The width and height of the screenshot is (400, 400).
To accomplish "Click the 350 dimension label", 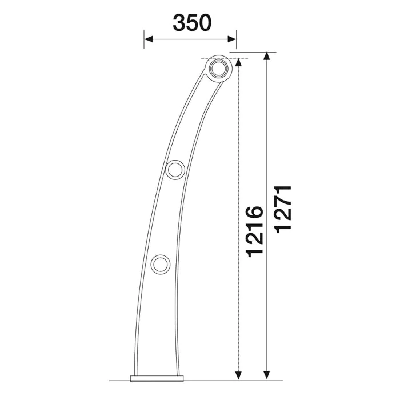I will (x=192, y=23).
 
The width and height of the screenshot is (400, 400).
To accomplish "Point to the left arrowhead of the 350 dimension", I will (x=148, y=39).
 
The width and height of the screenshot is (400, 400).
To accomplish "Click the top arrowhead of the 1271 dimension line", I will (x=267, y=57).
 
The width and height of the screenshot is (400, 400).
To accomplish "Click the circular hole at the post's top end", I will (x=217, y=70).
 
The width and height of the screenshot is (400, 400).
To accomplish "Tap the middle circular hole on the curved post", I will (x=174, y=169).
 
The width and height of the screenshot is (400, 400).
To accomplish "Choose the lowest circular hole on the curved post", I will (x=160, y=264).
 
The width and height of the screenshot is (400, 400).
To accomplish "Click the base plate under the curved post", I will (x=157, y=378).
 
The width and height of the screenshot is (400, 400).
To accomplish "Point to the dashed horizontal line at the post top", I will (x=226, y=59).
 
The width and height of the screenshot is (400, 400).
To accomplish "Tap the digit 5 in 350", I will (x=192, y=23).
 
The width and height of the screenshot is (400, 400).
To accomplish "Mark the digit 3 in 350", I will (x=179, y=23).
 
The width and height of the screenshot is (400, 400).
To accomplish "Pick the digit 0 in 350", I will (x=205, y=23).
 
